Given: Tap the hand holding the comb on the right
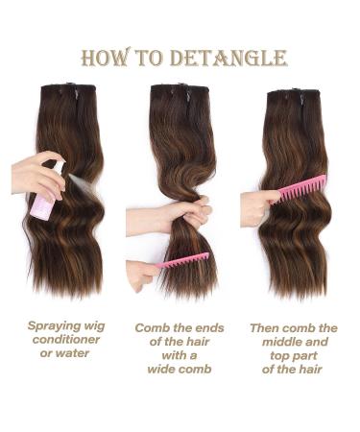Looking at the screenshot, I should [x=256, y=205].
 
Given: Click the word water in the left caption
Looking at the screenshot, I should [x=79, y=353].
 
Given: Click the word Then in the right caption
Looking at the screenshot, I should [x=265, y=328].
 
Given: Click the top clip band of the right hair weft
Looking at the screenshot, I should [x=292, y=94].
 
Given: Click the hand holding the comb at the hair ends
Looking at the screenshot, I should [x=141, y=273].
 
